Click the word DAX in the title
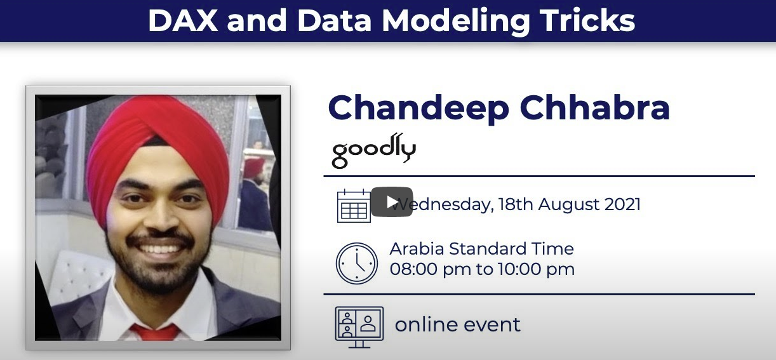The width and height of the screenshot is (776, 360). point(182,20)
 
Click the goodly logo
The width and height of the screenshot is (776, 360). point(374,150)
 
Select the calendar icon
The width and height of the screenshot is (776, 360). point(354,206)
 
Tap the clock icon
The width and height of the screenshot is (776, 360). point(356,263)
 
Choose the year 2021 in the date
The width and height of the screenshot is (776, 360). point(622,204)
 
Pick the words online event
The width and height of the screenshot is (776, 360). point(458,324)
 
